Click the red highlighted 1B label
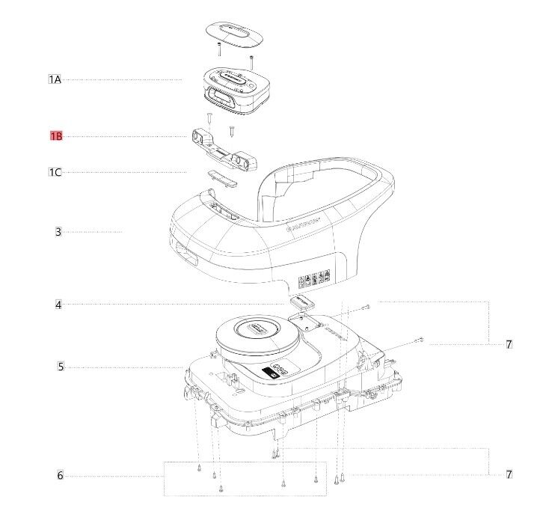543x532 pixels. [x=56, y=136]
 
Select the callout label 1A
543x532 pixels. [x=55, y=79]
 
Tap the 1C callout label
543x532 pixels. [x=55, y=172]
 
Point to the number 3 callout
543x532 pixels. [x=58, y=232]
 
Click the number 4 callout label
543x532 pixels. [x=58, y=305]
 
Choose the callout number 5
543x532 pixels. [x=60, y=367]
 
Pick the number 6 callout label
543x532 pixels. [x=60, y=476]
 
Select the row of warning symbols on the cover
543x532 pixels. [x=315, y=281]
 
